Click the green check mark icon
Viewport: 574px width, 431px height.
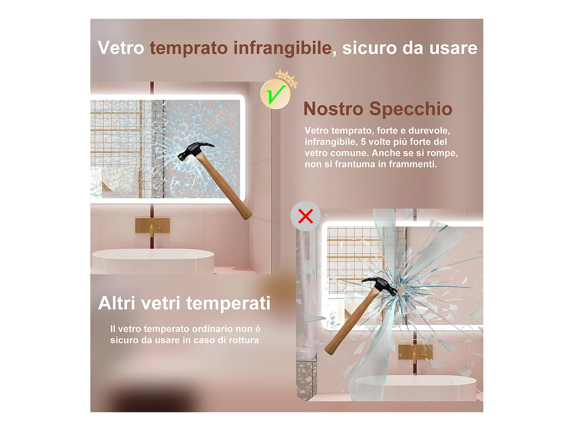point(276,95)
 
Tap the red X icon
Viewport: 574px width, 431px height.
point(305,216)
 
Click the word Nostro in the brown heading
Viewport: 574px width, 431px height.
point(333,108)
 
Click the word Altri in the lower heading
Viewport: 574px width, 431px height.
point(117,303)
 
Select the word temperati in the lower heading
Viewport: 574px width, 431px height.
point(228,303)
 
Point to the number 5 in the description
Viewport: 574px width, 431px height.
point(363,142)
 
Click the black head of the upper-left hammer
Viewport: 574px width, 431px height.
point(194,151)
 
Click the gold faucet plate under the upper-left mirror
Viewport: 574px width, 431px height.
point(152,225)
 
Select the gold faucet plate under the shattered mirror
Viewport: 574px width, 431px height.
point(415,352)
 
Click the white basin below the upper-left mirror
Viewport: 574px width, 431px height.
point(153,261)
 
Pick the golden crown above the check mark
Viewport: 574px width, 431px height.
point(287,78)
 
